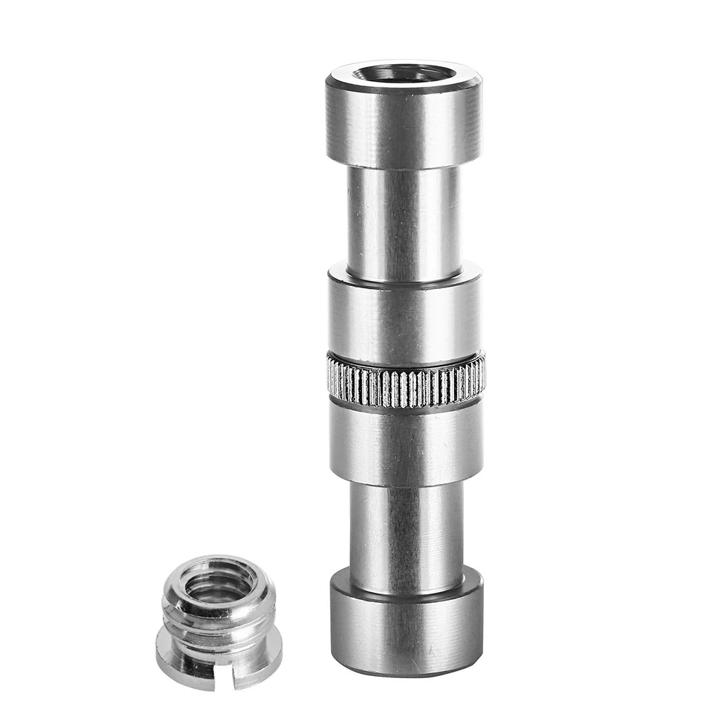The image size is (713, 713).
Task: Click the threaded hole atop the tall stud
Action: [x=403, y=73]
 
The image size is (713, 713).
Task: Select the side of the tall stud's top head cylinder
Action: [x=403, y=128]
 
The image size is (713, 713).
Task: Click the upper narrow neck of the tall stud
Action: [x=403, y=221]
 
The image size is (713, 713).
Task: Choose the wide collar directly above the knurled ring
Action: [x=403, y=317]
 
